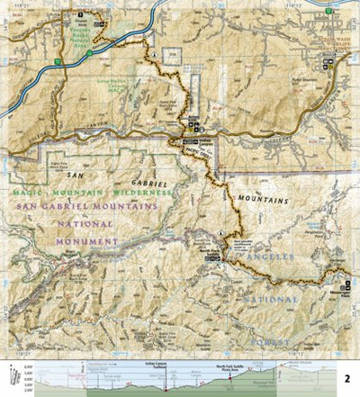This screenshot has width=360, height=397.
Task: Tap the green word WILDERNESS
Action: click(x=144, y=194)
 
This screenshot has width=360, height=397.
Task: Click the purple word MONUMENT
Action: click(x=86, y=242)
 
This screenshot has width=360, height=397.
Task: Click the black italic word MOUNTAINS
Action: click(x=263, y=200)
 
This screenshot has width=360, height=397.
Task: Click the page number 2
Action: click(x=346, y=379)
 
